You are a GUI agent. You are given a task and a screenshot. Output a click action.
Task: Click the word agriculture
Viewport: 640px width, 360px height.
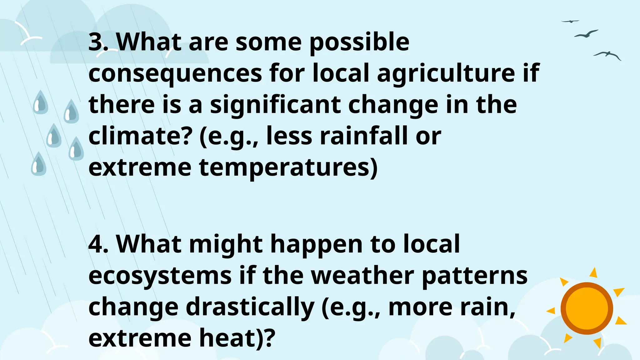(x=446, y=74)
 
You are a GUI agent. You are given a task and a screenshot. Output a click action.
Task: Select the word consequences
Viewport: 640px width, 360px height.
(x=175, y=74)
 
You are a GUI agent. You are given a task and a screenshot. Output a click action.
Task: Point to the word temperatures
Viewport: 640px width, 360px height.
(x=288, y=168)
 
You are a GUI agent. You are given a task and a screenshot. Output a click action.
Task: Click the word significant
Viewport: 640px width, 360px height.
(x=275, y=105)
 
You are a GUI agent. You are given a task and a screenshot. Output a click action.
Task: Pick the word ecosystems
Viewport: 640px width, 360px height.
(x=160, y=276)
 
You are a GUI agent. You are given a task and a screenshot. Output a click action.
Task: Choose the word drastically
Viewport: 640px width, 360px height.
(x=250, y=307)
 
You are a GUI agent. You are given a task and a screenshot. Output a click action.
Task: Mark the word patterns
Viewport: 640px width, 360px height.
(x=475, y=276)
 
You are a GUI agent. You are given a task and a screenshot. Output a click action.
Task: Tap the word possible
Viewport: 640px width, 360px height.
(x=359, y=42)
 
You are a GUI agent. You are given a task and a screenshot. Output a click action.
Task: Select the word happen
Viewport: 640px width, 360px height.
(x=316, y=245)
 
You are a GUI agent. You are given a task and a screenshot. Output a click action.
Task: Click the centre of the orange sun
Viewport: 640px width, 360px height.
(x=587, y=308)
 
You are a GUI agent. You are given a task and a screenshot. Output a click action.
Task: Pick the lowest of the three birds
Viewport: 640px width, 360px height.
(x=607, y=55)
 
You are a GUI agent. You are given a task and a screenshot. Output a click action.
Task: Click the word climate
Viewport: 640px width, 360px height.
(x=139, y=136)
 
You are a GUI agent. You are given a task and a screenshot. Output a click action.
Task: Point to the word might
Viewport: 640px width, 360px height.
(x=226, y=245)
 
